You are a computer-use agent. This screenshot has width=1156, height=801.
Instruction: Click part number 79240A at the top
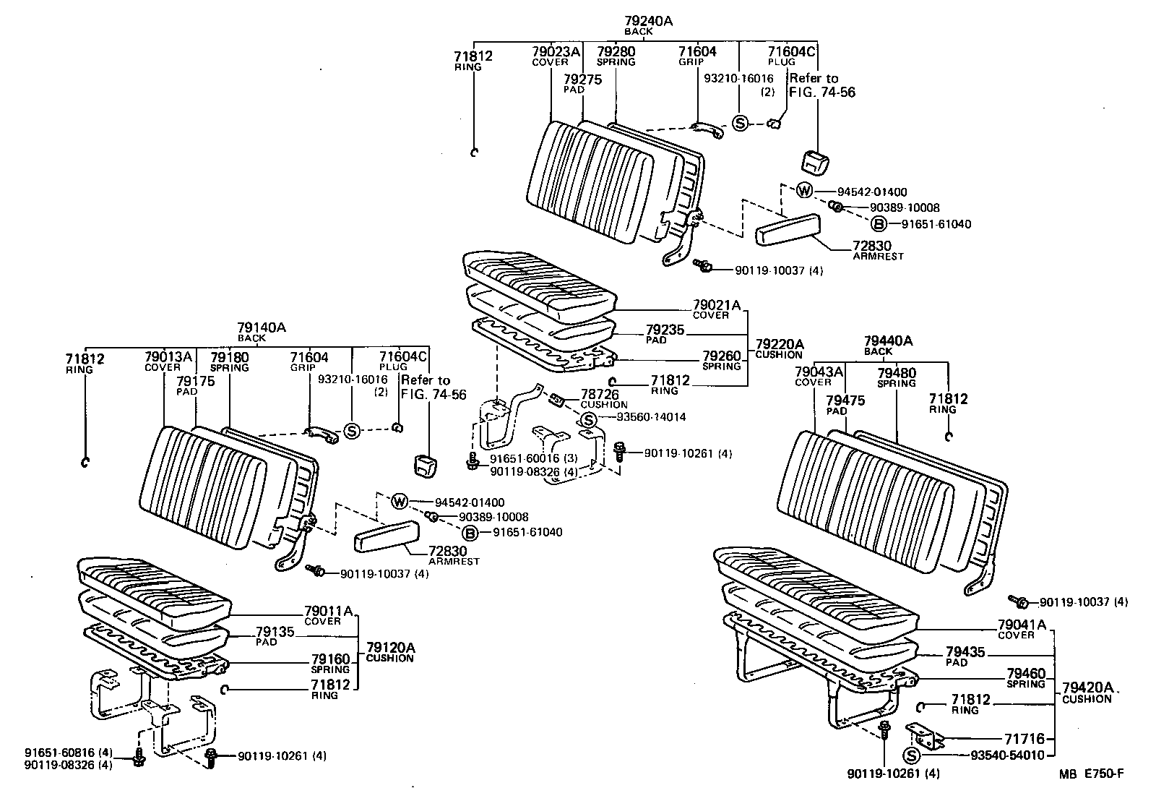click(x=648, y=22)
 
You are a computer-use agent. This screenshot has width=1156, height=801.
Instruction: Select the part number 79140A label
click(x=262, y=327)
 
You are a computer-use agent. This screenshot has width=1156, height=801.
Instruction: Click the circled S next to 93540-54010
click(x=912, y=755)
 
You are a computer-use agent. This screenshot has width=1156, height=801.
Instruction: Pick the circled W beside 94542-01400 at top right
click(x=804, y=192)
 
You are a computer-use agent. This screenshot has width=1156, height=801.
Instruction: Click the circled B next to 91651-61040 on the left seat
click(x=470, y=534)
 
